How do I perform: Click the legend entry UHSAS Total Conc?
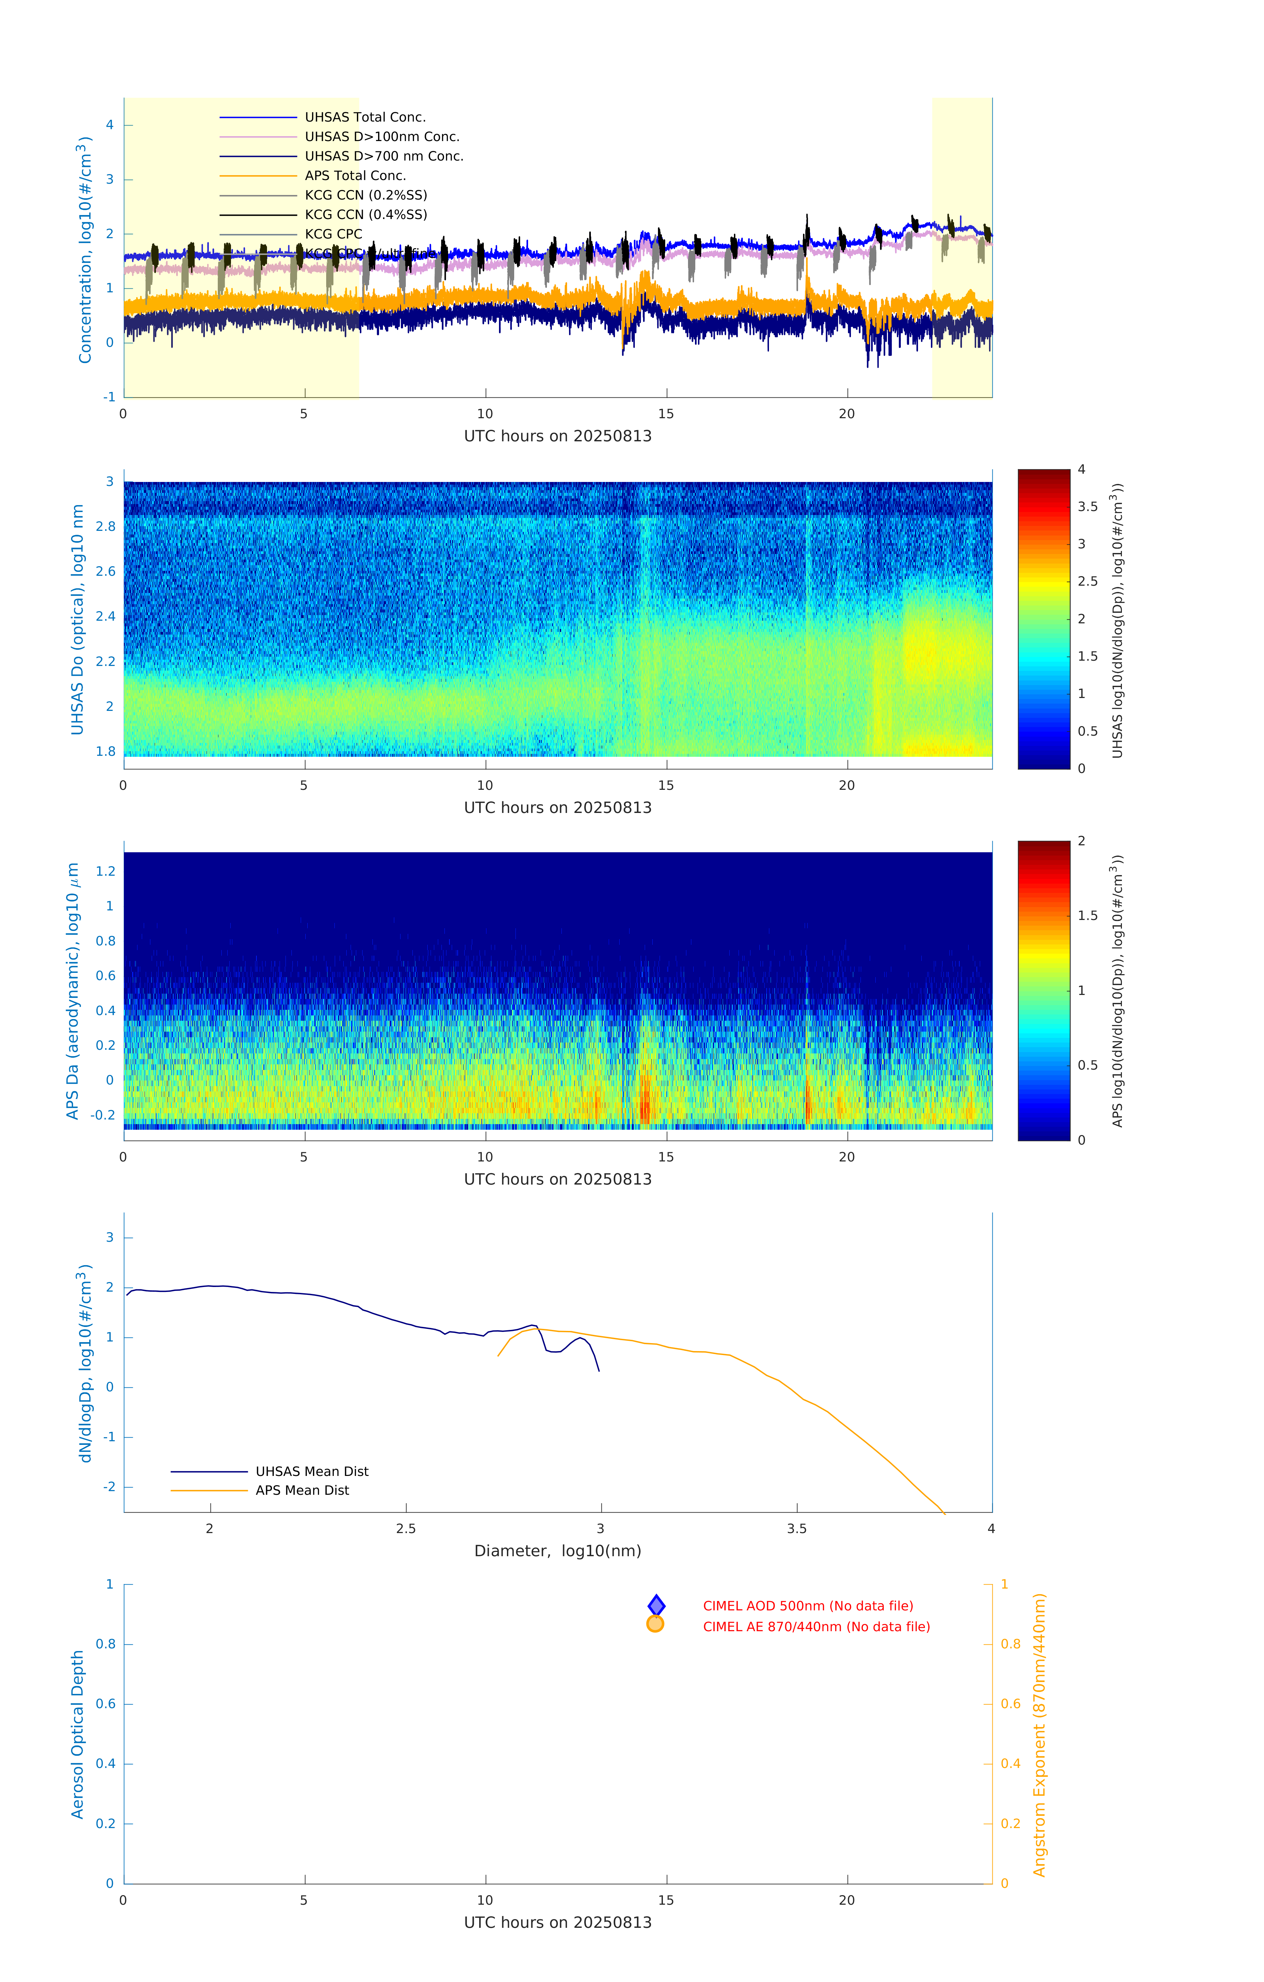[x=365, y=117]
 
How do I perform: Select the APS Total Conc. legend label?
[x=355, y=175]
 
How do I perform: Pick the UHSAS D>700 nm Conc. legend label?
[x=384, y=156]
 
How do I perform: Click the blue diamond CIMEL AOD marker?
[x=656, y=1605]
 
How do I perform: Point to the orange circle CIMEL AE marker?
[x=656, y=1624]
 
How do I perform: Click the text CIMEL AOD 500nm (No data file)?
[x=808, y=1606]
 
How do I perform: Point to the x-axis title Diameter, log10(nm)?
[x=557, y=1551]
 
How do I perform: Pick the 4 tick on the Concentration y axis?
[x=109, y=125]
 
